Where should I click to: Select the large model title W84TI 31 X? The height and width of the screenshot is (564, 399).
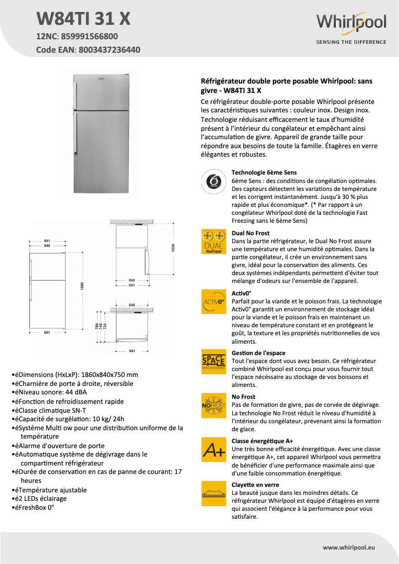click(x=84, y=18)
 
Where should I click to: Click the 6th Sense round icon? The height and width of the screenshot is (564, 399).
click(x=213, y=183)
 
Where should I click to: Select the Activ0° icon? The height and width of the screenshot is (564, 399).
click(x=213, y=302)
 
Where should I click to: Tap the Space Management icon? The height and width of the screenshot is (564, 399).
click(x=213, y=363)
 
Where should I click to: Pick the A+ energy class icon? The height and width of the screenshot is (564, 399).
click(x=213, y=451)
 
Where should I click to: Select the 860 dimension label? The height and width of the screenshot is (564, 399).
click(x=132, y=280)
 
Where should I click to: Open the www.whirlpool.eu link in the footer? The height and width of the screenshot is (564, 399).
click(x=349, y=547)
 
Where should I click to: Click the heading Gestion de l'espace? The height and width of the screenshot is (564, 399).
click(x=258, y=353)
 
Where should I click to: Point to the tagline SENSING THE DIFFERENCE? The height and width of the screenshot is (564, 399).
click(x=351, y=42)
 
